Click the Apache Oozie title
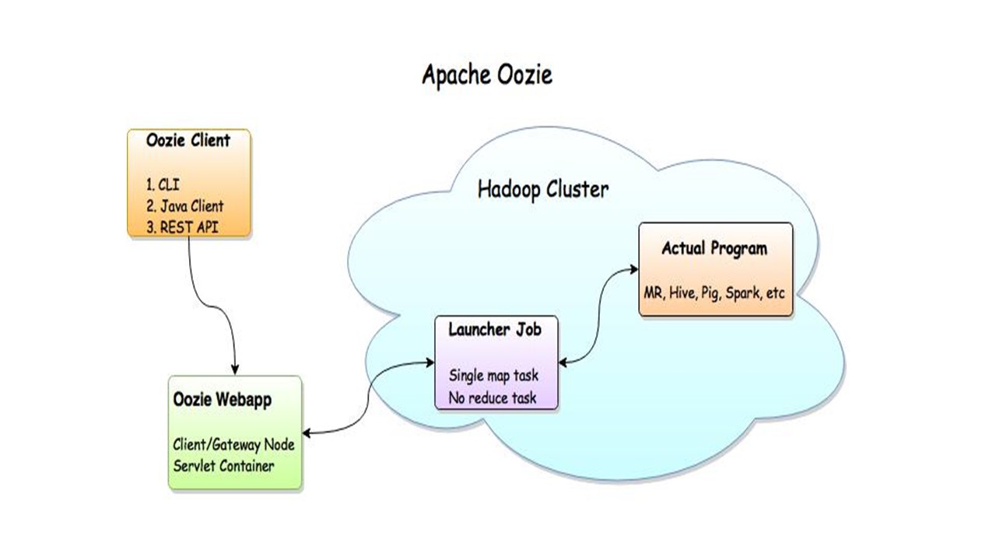[487, 75]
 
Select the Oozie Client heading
[188, 141]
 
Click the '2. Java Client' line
[184, 206]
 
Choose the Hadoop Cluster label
[543, 189]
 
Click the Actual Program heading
[714, 249]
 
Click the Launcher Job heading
[495, 329]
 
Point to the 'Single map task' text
[493, 376]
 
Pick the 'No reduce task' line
[492, 398]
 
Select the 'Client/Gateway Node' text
[233, 446]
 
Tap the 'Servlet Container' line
[223, 466]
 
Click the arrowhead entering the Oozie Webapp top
[236, 371]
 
